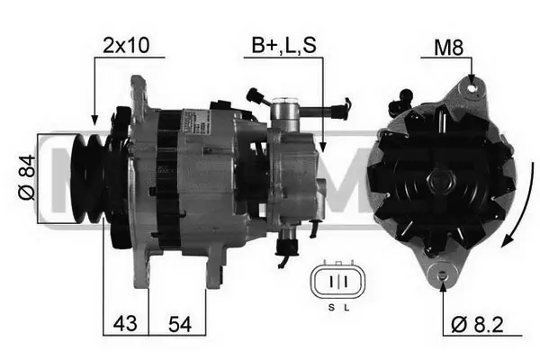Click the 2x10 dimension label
pyautogui.click(x=126, y=45)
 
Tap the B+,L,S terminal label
pyautogui.click(x=283, y=45)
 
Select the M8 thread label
pyautogui.click(x=448, y=47)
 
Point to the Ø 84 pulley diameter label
pyautogui.click(x=27, y=177)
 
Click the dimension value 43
pyautogui.click(x=125, y=323)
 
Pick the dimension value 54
pyautogui.click(x=180, y=324)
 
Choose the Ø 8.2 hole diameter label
pyautogui.click(x=477, y=324)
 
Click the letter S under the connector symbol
pyautogui.click(x=331, y=307)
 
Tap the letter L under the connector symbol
pyautogui.click(x=346, y=307)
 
